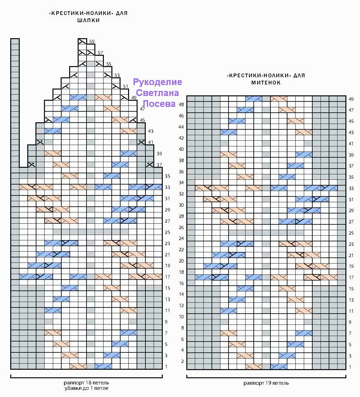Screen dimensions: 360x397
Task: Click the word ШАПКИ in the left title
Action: point(89,20)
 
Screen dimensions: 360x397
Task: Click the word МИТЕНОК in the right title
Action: point(266,82)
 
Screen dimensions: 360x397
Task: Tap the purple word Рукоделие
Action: point(157,82)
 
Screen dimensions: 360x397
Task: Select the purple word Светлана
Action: point(157,93)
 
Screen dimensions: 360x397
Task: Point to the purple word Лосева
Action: point(159,104)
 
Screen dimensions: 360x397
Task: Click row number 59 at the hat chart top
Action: point(92,42)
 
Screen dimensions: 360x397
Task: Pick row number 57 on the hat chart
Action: point(100,53)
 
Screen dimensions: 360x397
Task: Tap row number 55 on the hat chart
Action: point(109,64)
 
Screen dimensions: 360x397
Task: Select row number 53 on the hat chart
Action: point(117,75)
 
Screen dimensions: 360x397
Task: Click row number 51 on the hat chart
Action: point(126,86)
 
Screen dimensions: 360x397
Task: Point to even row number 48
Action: point(181,104)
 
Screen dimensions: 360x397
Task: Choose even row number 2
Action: point(182,361)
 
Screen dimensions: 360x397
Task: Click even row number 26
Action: point(181,228)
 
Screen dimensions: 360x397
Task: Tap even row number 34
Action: point(181,182)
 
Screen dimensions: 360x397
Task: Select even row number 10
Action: point(181,317)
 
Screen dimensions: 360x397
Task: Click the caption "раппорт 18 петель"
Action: point(87,383)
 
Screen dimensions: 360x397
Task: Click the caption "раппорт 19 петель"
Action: point(266,383)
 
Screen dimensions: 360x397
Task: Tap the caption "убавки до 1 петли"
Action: point(87,388)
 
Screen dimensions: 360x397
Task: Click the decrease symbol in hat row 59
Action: point(82,41)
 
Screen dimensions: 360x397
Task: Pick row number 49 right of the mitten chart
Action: point(351,99)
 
